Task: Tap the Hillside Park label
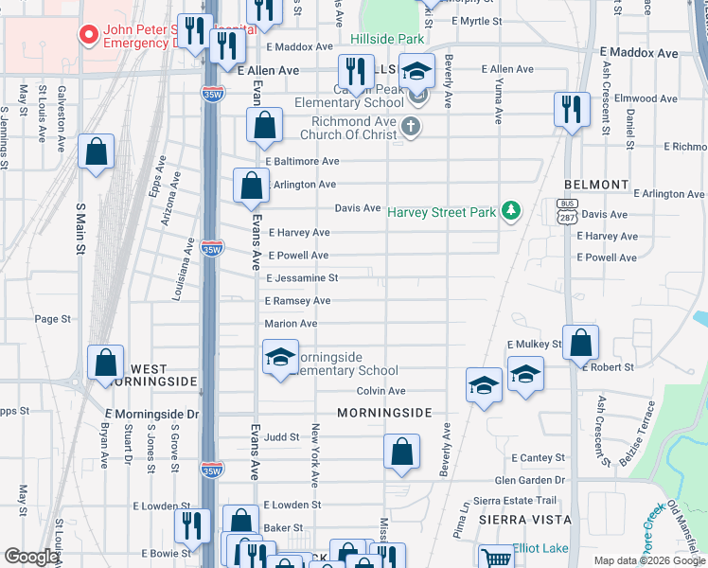coord(387,40)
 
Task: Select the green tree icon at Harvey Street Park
coord(512,209)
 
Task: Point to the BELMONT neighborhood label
coord(595,185)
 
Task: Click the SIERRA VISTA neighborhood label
coord(524,520)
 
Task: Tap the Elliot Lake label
coord(542,548)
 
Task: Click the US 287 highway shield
coord(567,212)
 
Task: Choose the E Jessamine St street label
coord(302,278)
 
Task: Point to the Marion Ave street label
coord(291,324)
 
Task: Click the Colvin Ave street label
coord(381,391)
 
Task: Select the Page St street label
coord(53,320)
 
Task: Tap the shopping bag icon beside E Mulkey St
coord(581,343)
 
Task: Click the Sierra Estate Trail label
coord(516,501)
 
